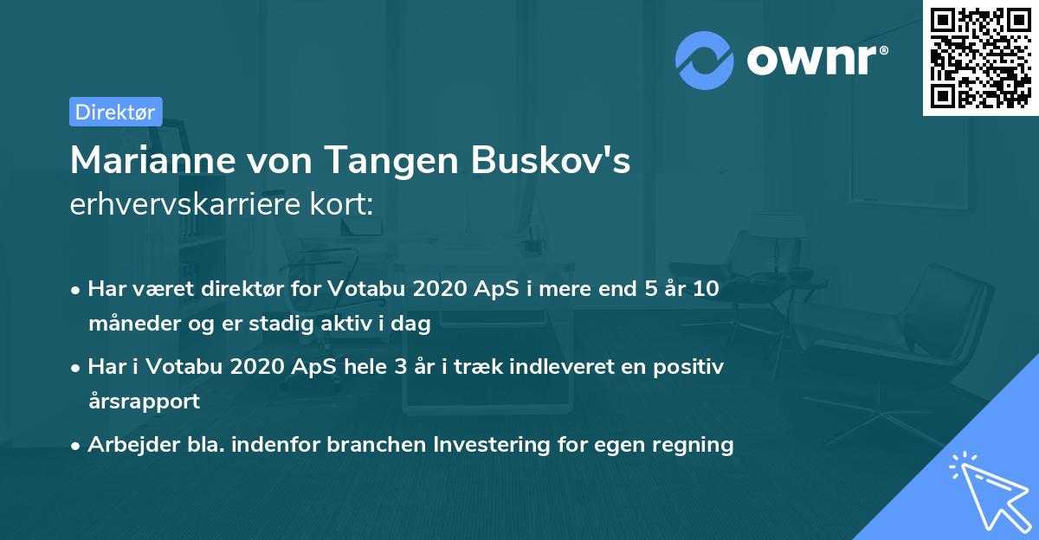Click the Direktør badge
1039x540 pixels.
115,112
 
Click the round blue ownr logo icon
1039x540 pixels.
705,61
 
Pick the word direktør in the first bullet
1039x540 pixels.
242,289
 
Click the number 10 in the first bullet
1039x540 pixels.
706,289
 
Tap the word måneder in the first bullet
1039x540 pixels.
130,325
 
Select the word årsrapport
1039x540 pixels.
144,402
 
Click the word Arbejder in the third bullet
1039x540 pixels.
126,445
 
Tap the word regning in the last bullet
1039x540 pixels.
697,445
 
